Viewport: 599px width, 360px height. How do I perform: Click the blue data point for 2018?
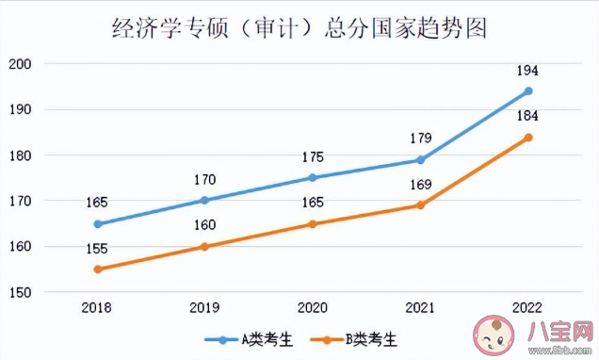[x=97, y=224]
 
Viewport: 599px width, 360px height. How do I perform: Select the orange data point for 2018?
[x=97, y=270]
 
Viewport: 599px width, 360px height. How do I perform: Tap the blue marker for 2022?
[x=528, y=91]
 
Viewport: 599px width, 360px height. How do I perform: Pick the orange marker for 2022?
[x=528, y=138]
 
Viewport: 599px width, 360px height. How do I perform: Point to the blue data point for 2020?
[x=313, y=177]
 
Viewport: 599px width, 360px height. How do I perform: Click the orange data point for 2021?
[x=420, y=205]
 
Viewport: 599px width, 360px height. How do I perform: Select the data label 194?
[x=528, y=72]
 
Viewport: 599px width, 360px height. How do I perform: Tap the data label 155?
[x=97, y=249]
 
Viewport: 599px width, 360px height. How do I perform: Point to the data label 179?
[x=420, y=139]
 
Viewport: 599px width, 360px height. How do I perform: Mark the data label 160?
[x=204, y=226]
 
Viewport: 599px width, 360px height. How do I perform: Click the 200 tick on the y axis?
[x=20, y=64]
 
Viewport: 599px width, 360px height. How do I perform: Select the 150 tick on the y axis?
[x=20, y=293]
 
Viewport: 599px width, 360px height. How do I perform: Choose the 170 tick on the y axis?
[x=20, y=202]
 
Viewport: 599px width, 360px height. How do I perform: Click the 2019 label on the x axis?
[x=204, y=307]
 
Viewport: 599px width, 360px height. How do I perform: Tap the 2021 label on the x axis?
[x=420, y=307]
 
